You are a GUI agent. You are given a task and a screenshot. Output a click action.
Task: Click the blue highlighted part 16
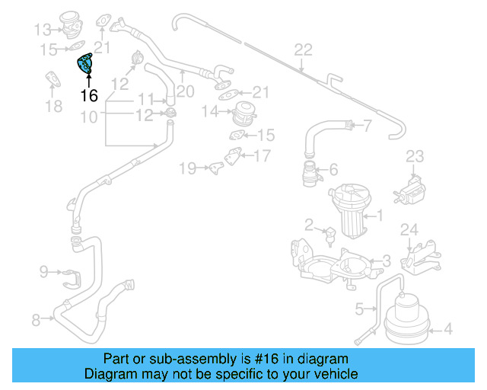pyautogui.click(x=84, y=65)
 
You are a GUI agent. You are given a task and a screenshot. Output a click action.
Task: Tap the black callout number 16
pyautogui.click(x=89, y=96)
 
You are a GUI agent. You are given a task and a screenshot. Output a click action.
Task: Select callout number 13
pyautogui.click(x=42, y=30)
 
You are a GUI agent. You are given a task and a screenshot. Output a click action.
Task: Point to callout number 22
pyautogui.click(x=303, y=50)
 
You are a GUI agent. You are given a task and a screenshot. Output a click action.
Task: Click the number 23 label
pyautogui.click(x=413, y=156)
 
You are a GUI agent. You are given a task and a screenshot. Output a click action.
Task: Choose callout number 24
pyautogui.click(x=409, y=229)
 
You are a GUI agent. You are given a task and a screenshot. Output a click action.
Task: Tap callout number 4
pyautogui.click(x=447, y=329)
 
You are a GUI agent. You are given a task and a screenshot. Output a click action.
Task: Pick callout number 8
pyautogui.click(x=36, y=320)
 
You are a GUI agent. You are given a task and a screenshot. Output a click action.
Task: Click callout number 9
pyautogui.click(x=43, y=270)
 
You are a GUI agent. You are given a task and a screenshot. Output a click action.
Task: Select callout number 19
pyautogui.click(x=186, y=167)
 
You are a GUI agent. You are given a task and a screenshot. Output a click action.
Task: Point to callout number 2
pyautogui.click(x=310, y=224)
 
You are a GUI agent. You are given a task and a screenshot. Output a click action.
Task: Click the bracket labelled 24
pyautogui.click(x=419, y=254)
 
